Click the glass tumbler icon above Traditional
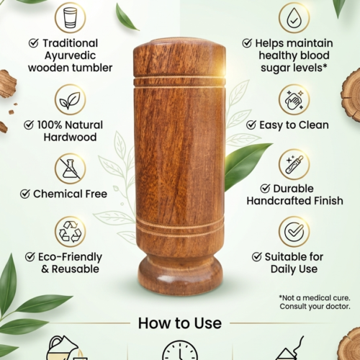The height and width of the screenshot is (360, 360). [x=70, y=18]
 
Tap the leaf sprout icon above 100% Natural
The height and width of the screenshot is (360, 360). [x=70, y=100]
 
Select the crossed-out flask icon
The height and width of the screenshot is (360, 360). [x=70, y=168]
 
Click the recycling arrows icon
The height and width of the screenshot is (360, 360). [x=70, y=231]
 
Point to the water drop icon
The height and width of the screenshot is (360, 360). [x=294, y=17]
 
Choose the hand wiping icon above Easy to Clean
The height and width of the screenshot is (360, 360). [x=294, y=100]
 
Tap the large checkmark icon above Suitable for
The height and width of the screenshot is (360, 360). [x=294, y=231]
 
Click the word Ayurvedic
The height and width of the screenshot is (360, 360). [x=70, y=55]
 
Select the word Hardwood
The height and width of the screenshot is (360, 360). [x=70, y=137]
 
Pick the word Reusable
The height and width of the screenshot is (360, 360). [x=76, y=269]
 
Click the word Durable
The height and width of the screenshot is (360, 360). [x=293, y=189]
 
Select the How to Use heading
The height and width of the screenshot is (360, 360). [x=180, y=323]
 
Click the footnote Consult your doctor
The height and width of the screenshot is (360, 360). [x=315, y=307]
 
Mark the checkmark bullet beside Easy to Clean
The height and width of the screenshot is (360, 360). [x=251, y=125]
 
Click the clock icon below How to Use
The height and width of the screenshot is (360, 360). [x=180, y=350]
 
